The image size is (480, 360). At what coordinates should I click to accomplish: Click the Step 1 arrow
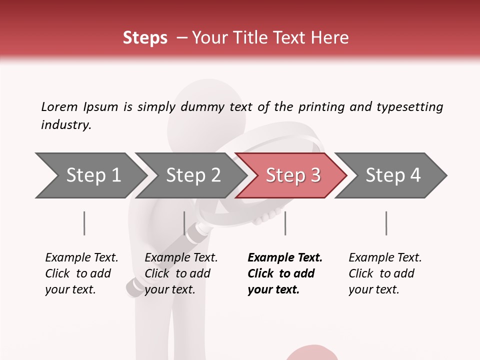(90, 175)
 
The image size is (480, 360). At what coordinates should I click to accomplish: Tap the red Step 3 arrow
(292, 175)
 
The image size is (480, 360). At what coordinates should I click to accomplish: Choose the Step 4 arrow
(392, 175)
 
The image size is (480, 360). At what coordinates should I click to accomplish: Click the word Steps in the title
(145, 38)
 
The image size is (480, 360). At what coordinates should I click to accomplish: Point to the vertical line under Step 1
(84, 223)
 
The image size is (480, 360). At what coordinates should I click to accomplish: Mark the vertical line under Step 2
(184, 223)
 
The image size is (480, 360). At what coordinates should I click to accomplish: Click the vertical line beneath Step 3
(285, 223)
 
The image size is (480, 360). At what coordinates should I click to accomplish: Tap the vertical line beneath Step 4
(386, 223)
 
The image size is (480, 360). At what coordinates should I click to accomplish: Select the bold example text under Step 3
(284, 273)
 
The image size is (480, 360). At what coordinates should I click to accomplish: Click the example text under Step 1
(81, 273)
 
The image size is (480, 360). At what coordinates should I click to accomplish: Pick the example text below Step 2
(181, 273)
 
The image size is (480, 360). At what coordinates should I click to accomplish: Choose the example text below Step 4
(385, 273)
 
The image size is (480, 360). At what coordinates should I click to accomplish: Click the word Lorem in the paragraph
(59, 107)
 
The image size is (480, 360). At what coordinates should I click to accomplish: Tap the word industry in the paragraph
(65, 125)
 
